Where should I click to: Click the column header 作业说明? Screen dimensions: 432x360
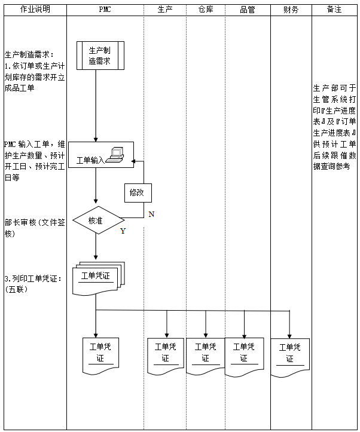pyautogui.click(x=35, y=10)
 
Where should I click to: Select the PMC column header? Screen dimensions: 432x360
pyautogui.click(x=105, y=10)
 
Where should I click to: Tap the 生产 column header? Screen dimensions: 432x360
pyautogui.click(x=165, y=10)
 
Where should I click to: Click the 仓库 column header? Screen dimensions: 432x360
pyautogui.click(x=206, y=10)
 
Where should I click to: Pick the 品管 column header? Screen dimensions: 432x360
pyautogui.click(x=247, y=10)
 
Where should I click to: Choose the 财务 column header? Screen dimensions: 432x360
pyautogui.click(x=291, y=10)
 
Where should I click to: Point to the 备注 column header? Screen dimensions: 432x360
pyautogui.click(x=335, y=10)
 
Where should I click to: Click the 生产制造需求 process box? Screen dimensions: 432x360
pyautogui.click(x=100, y=56)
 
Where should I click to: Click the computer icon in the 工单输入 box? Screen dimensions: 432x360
pyautogui.click(x=115, y=154)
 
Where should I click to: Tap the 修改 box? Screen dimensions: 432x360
pyautogui.click(x=137, y=192)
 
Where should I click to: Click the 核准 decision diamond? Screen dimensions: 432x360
pyautogui.click(x=96, y=220)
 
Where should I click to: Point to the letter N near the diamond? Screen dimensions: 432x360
pyautogui.click(x=151, y=214)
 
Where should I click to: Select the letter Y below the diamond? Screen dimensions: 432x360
pyautogui.click(x=123, y=231)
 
